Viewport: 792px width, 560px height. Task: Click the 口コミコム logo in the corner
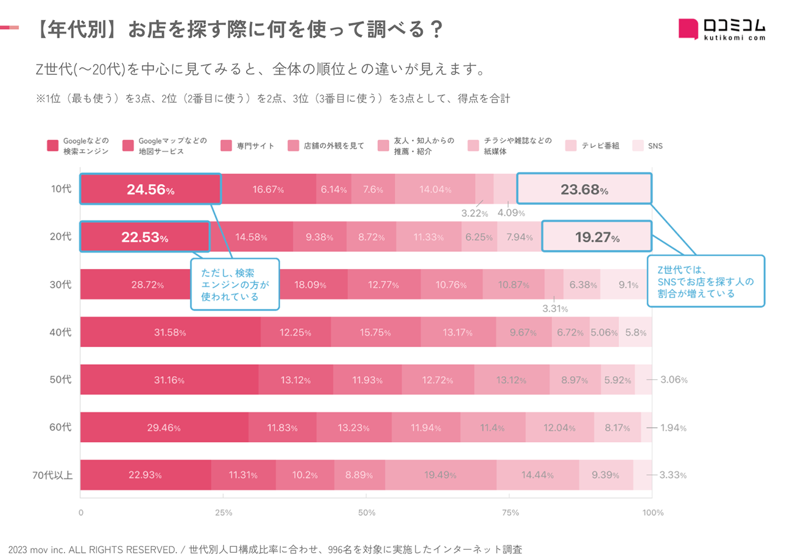721,29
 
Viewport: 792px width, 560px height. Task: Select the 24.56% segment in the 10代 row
150,189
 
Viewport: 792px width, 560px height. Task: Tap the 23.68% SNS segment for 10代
584,189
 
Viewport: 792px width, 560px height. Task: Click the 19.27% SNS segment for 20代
596,237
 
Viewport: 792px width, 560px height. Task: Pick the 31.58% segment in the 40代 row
170,332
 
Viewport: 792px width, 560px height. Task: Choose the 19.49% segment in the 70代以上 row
440,475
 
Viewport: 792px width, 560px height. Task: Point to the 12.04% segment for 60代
559,427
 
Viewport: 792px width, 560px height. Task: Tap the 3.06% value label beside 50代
674,380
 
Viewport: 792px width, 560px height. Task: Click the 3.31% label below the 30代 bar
555,309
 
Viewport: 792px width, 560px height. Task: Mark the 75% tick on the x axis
509,513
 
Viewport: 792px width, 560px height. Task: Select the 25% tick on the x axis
224,513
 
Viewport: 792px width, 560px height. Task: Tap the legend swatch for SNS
638,145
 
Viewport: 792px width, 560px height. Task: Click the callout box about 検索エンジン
235,284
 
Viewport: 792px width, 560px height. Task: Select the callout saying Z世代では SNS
705,281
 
